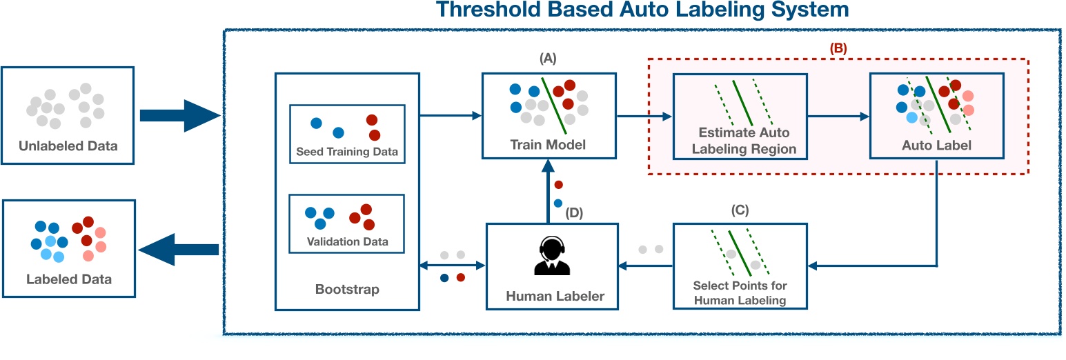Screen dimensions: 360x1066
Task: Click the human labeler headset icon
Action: click(x=549, y=256)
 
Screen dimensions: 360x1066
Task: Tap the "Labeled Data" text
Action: click(x=68, y=279)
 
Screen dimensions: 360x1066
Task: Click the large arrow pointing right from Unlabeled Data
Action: click(x=179, y=115)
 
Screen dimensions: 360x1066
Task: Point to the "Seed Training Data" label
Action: click(x=347, y=152)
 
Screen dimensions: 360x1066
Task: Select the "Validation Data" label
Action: click(x=347, y=241)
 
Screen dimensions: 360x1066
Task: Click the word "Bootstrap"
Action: click(x=347, y=289)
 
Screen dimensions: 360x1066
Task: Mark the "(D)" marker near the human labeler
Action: click(x=574, y=213)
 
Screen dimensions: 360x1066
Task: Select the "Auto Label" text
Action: click(x=936, y=146)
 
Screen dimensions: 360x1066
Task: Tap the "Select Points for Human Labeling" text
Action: click(x=740, y=292)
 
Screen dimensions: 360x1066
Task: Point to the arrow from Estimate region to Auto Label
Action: click(x=838, y=117)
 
